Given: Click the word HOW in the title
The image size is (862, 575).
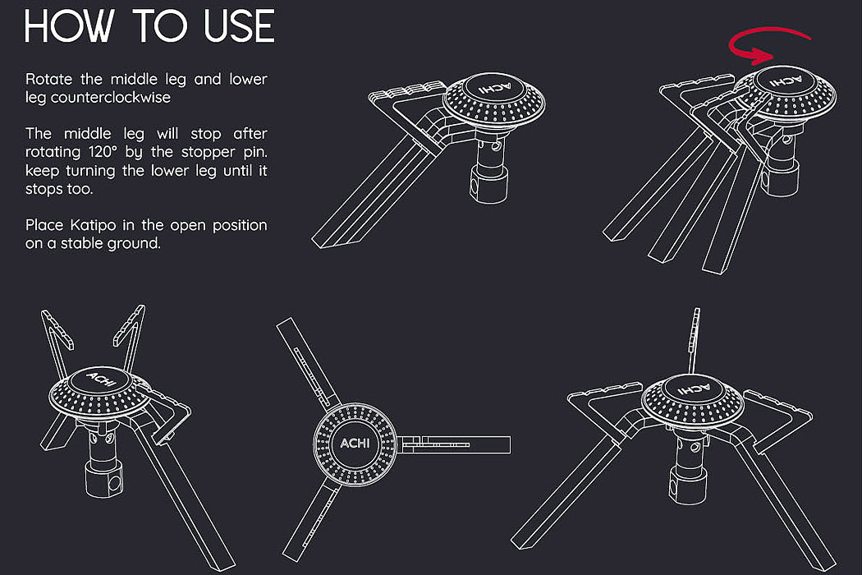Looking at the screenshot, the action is click(69, 25).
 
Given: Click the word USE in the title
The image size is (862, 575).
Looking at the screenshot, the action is click(239, 25).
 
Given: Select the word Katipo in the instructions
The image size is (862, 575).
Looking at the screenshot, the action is click(93, 226).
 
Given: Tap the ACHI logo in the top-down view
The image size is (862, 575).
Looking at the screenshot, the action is click(355, 443).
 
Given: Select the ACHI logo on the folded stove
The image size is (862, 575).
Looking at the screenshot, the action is click(495, 88).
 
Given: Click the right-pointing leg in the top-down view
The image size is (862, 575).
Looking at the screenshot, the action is click(454, 444).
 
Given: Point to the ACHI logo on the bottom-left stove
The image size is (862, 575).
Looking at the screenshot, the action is click(101, 379).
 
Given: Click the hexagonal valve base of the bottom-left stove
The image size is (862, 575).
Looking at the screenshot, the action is click(104, 479).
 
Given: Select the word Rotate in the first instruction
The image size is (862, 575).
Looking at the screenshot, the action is click(48, 79).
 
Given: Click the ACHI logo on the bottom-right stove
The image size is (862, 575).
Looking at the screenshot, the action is click(693, 389).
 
